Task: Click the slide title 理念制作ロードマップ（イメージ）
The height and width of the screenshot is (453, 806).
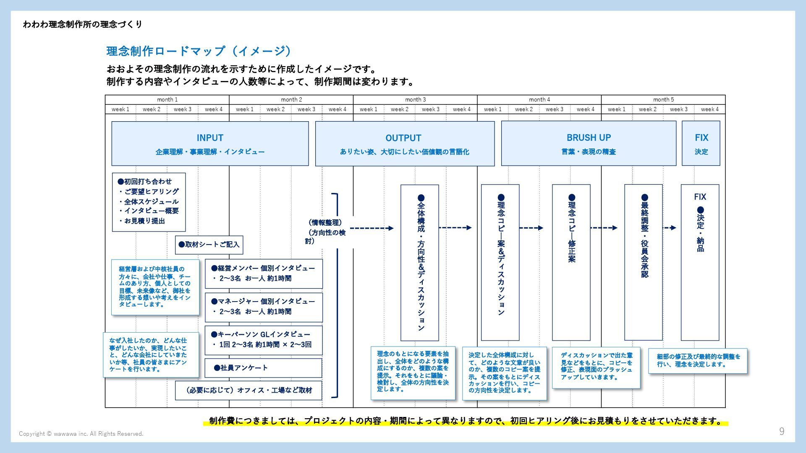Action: [199, 51]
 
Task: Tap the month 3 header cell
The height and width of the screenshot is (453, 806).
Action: [415, 99]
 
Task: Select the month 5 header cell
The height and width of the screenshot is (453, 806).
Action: [663, 99]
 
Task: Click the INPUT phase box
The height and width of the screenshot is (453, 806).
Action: [210, 143]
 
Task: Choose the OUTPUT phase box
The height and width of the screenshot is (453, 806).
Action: [405, 143]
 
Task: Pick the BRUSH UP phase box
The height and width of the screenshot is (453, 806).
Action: [589, 143]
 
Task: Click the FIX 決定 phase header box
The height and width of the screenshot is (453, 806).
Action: [701, 143]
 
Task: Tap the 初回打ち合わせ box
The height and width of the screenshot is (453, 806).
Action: [149, 202]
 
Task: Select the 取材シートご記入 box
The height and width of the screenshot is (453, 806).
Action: [209, 245]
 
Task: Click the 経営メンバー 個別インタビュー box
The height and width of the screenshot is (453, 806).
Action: [264, 273]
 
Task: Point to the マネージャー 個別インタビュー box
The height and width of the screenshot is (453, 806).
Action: [264, 307]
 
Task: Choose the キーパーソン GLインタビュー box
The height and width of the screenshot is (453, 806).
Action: [264, 340]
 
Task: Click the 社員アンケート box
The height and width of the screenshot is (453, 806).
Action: [264, 368]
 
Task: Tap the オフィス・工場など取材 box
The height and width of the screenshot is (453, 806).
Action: [249, 391]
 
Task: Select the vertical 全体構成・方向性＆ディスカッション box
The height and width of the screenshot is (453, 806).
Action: [420, 263]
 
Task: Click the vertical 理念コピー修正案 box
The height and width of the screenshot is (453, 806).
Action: [571, 263]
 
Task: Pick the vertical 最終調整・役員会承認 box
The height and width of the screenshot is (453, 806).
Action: [644, 263]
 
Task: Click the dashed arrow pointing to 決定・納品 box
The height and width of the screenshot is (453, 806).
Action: [670, 228]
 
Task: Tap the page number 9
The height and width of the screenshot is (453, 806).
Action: [782, 431]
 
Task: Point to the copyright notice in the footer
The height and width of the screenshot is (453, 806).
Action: [81, 434]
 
